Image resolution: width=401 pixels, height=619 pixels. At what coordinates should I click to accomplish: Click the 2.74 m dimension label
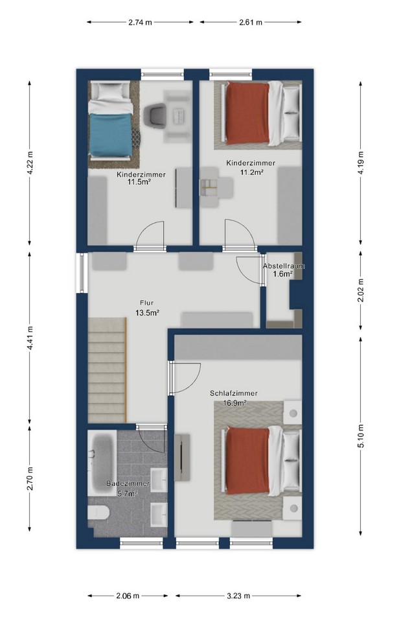point(140,23)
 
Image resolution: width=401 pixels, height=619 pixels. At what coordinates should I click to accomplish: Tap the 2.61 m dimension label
point(250,23)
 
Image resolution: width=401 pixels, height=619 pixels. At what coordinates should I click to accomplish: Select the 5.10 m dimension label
point(361,435)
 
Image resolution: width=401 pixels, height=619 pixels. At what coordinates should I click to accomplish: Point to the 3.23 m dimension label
point(238,596)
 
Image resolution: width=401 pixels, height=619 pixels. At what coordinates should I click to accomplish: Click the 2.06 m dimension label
point(128,596)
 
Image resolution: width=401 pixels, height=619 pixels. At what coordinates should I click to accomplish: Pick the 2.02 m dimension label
point(361,290)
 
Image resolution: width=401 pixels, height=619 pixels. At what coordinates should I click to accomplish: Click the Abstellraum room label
point(284,266)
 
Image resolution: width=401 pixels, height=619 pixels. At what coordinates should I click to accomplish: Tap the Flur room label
point(146,303)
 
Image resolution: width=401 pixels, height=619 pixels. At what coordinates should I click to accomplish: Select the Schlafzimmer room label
point(234,393)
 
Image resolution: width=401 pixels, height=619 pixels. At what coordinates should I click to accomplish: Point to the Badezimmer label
point(128,484)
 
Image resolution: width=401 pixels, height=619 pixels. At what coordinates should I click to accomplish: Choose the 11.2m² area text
point(252,172)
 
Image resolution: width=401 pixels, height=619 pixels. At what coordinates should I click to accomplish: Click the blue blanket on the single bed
point(110,135)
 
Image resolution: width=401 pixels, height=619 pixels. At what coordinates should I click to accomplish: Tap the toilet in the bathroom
point(98,513)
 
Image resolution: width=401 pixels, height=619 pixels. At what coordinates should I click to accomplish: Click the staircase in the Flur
point(107,370)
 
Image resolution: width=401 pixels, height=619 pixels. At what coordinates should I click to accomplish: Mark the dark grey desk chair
point(154,115)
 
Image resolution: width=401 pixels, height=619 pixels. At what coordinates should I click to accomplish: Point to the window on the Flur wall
point(82,273)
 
